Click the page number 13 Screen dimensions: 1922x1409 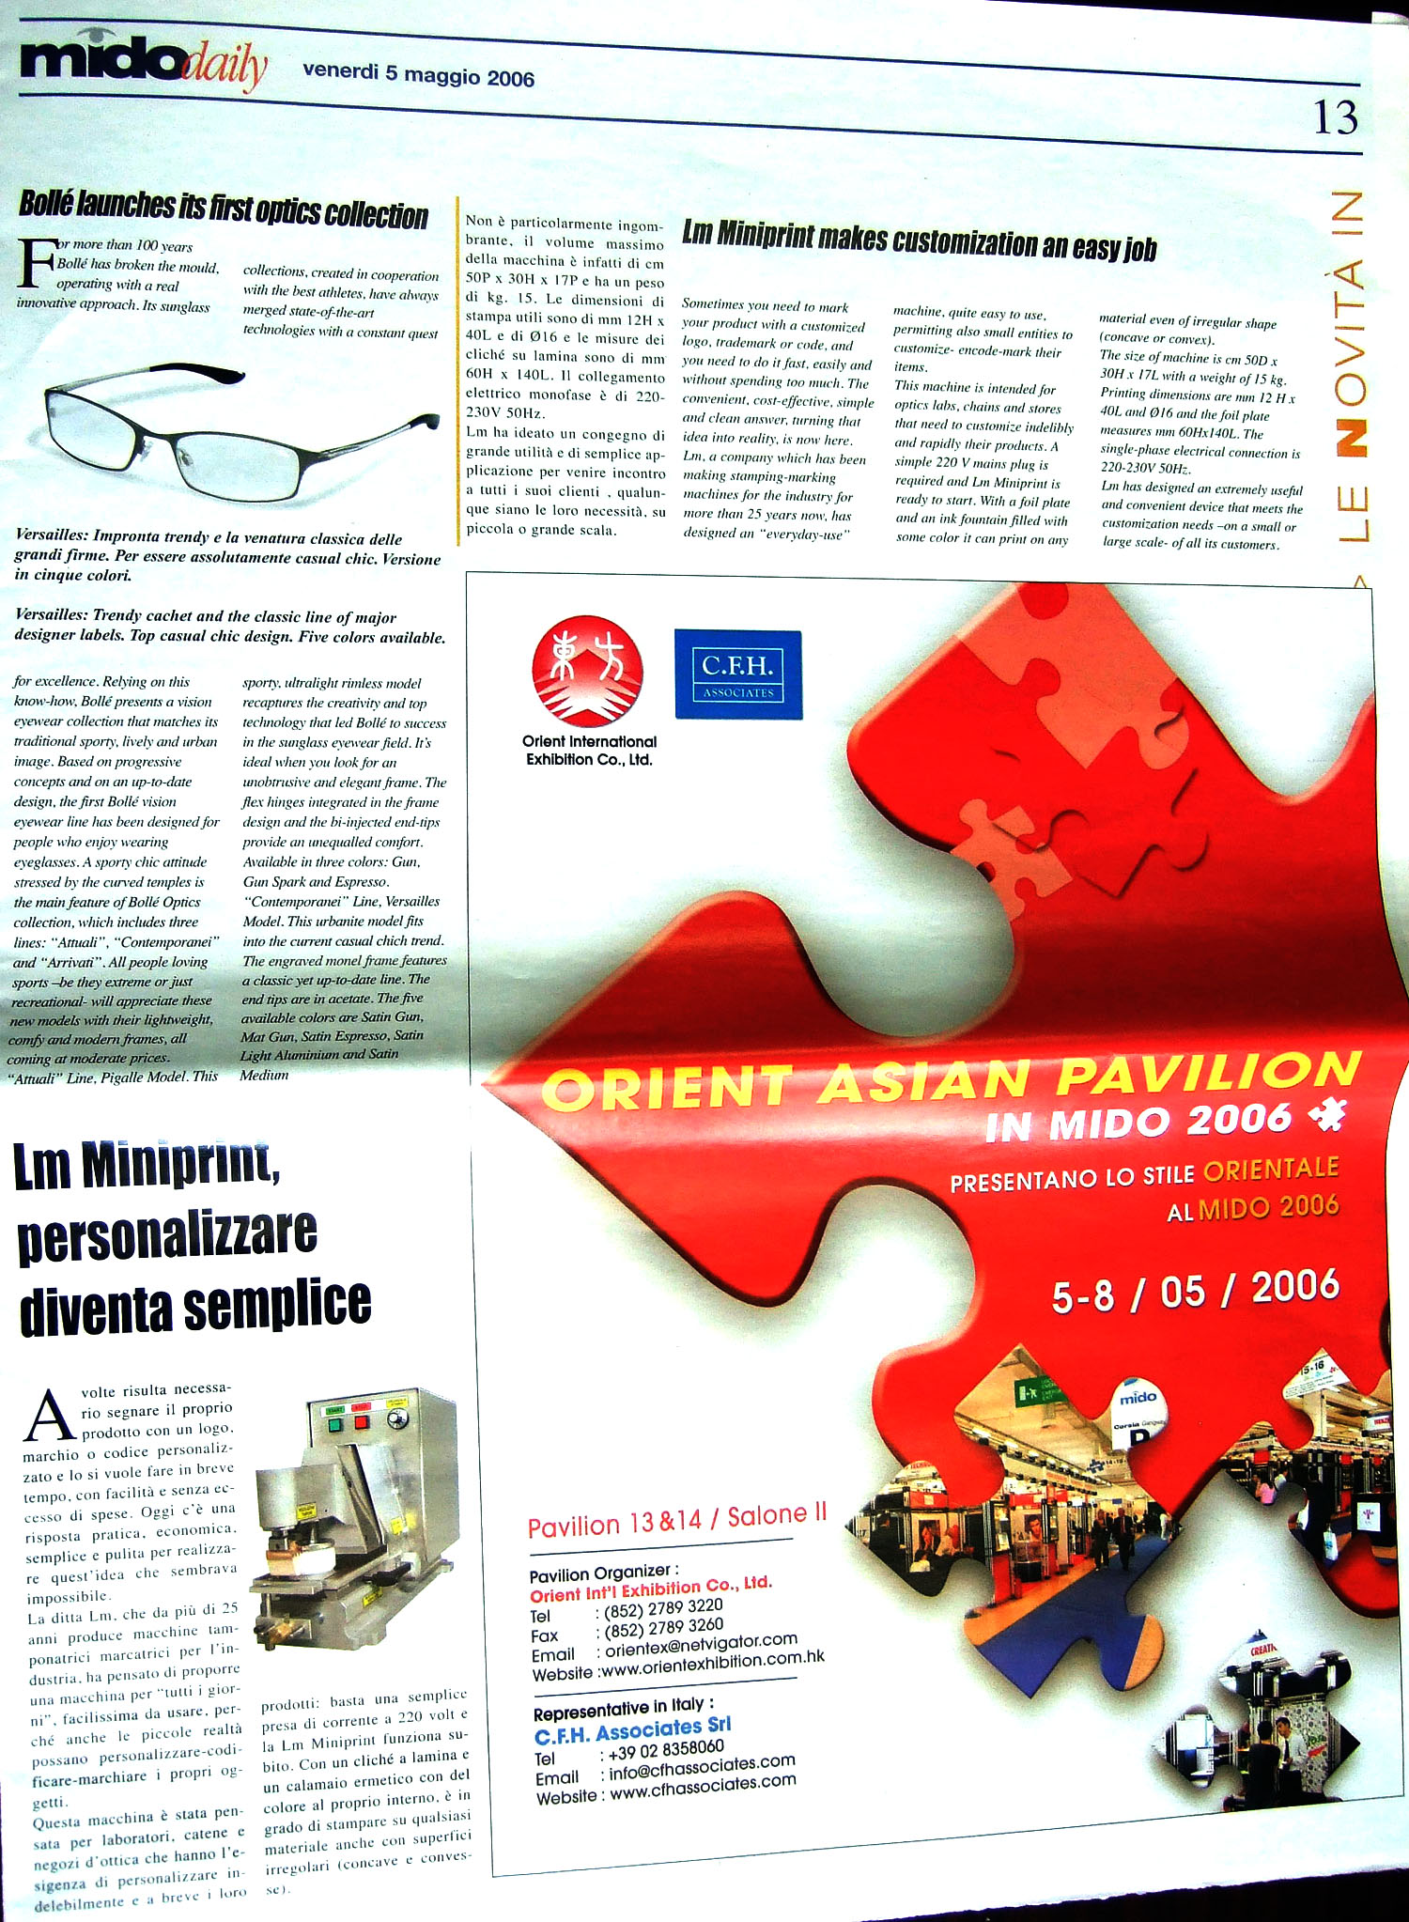pos(1335,118)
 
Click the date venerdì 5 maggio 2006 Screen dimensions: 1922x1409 pos(418,76)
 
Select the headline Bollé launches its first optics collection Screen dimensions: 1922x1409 pos(224,209)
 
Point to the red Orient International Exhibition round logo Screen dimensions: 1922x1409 pos(587,673)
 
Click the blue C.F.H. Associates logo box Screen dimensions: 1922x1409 pos(738,675)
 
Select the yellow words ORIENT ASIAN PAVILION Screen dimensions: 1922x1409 pos(951,1080)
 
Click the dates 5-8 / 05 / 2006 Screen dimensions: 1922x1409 pos(1195,1291)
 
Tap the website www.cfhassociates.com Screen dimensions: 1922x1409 pos(703,1785)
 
